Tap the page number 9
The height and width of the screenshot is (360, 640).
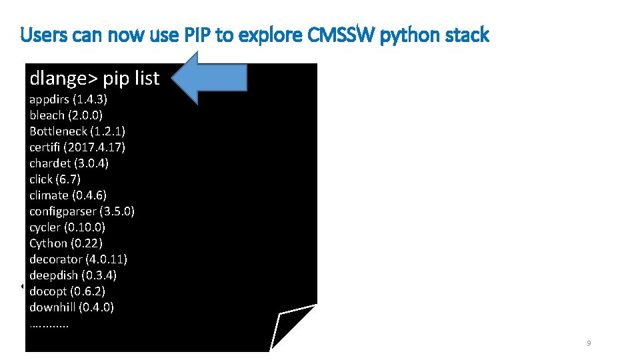click(x=589, y=343)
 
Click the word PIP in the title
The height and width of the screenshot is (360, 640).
click(x=199, y=35)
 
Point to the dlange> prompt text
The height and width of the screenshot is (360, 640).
click(x=63, y=79)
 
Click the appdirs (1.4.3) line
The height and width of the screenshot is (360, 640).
click(x=69, y=99)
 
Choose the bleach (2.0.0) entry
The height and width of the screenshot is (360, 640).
click(x=65, y=115)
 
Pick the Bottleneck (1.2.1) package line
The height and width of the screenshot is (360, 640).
click(x=77, y=131)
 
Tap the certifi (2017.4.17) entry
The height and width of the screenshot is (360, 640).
click(x=77, y=147)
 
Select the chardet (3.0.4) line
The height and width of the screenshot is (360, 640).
click(x=69, y=163)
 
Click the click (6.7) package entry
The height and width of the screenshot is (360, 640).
click(x=55, y=179)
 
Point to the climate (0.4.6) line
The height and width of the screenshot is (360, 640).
click(x=68, y=195)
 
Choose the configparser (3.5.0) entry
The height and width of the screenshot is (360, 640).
click(x=82, y=211)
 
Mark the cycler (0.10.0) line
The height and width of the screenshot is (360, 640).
click(x=67, y=227)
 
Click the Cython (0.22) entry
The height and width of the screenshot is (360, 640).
click(x=66, y=243)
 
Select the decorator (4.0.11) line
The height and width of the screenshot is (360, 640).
click(x=79, y=259)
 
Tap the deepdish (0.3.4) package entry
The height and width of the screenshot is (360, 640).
click(x=73, y=275)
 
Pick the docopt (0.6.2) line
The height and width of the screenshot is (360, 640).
click(x=67, y=291)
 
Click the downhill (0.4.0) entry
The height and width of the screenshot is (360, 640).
click(x=72, y=307)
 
